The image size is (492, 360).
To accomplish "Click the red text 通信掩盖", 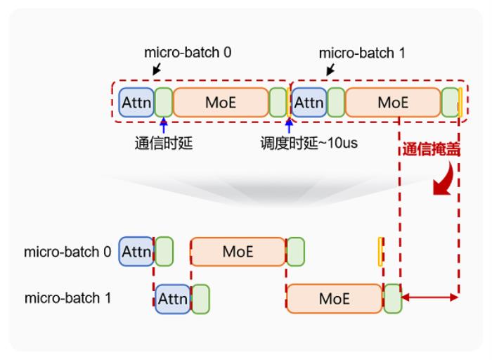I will [x=431, y=150].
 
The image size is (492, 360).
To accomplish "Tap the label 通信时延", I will [x=163, y=145].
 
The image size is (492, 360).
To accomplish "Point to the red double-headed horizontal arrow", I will [x=429, y=298].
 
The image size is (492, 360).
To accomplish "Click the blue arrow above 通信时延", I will [x=163, y=126].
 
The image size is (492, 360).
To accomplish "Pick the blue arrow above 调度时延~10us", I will [x=288, y=127].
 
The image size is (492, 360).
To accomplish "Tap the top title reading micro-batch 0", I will [x=188, y=53].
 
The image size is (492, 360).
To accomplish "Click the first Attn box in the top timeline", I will [x=136, y=102].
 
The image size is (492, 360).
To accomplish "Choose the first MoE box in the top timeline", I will [x=221, y=102].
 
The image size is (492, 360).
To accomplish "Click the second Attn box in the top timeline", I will [x=308, y=102].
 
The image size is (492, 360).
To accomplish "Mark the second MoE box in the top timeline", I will [x=393, y=102].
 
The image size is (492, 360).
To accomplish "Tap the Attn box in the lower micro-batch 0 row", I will [x=136, y=251].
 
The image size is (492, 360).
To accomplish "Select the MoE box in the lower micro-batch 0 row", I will [x=238, y=251].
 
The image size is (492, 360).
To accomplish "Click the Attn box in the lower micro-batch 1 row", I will [x=172, y=298].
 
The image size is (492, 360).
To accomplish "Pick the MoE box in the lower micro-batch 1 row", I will [x=334, y=298].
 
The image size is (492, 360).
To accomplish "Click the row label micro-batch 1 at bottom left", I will [x=68, y=298].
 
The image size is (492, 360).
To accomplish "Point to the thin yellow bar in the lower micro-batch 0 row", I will [x=380, y=251].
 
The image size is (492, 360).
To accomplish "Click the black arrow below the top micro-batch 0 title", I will [x=157, y=70].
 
